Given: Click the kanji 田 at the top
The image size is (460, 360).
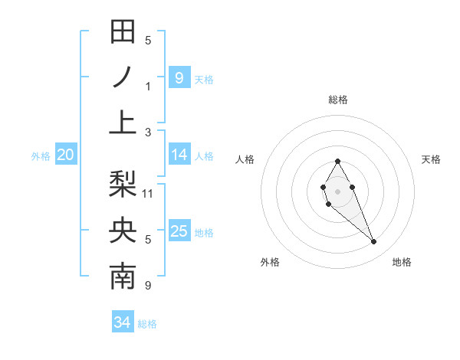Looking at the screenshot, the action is coord(123,32).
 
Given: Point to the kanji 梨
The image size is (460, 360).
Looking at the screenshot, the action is coord(123,185).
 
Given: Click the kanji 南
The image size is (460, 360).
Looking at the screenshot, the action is coord(123,277).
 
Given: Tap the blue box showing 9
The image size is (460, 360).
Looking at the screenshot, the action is coord(179,77).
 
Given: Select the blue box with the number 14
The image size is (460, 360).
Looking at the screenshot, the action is coord(179,155).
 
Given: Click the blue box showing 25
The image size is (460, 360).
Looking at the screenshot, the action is coord(179,231).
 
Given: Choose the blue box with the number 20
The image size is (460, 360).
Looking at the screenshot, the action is coord(65,155).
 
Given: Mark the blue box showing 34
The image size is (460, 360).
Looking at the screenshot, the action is coord(122,323).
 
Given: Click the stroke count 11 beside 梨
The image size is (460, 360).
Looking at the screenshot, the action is coord(149,193).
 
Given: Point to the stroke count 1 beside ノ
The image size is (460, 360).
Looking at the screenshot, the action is coord(148,87).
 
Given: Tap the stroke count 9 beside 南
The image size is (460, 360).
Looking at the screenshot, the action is coord(148,286).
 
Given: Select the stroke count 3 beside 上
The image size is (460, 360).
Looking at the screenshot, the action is coord(148,133).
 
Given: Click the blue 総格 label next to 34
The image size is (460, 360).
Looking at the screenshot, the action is coord(147,324).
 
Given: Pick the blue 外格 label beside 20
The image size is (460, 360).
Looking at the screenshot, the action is coord(41,156).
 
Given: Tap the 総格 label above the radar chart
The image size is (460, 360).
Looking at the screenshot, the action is coord(337,100).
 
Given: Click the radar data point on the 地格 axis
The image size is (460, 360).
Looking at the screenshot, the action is coord(373,242).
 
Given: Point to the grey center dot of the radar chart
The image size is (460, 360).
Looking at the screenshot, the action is coord(337,190).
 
